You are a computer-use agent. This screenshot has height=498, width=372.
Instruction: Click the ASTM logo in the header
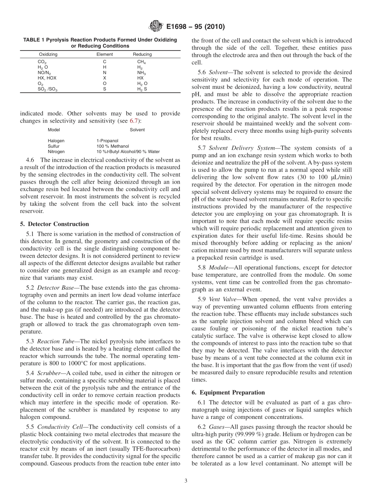[x=156, y=27]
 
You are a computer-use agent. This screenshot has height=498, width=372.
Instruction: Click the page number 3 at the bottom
[x=186, y=481]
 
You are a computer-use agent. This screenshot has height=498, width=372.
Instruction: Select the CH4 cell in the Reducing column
[x=141, y=61]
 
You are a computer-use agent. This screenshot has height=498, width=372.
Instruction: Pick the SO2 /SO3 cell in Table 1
[x=47, y=89]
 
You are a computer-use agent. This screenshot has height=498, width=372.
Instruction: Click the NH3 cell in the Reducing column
[x=141, y=73]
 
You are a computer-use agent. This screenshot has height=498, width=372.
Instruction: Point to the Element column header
[x=105, y=54]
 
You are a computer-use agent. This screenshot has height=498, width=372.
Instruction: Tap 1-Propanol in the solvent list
[x=107, y=141]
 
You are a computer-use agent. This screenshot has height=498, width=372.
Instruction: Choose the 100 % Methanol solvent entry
[x=112, y=146]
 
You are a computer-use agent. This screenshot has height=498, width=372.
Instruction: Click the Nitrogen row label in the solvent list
[x=56, y=152]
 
